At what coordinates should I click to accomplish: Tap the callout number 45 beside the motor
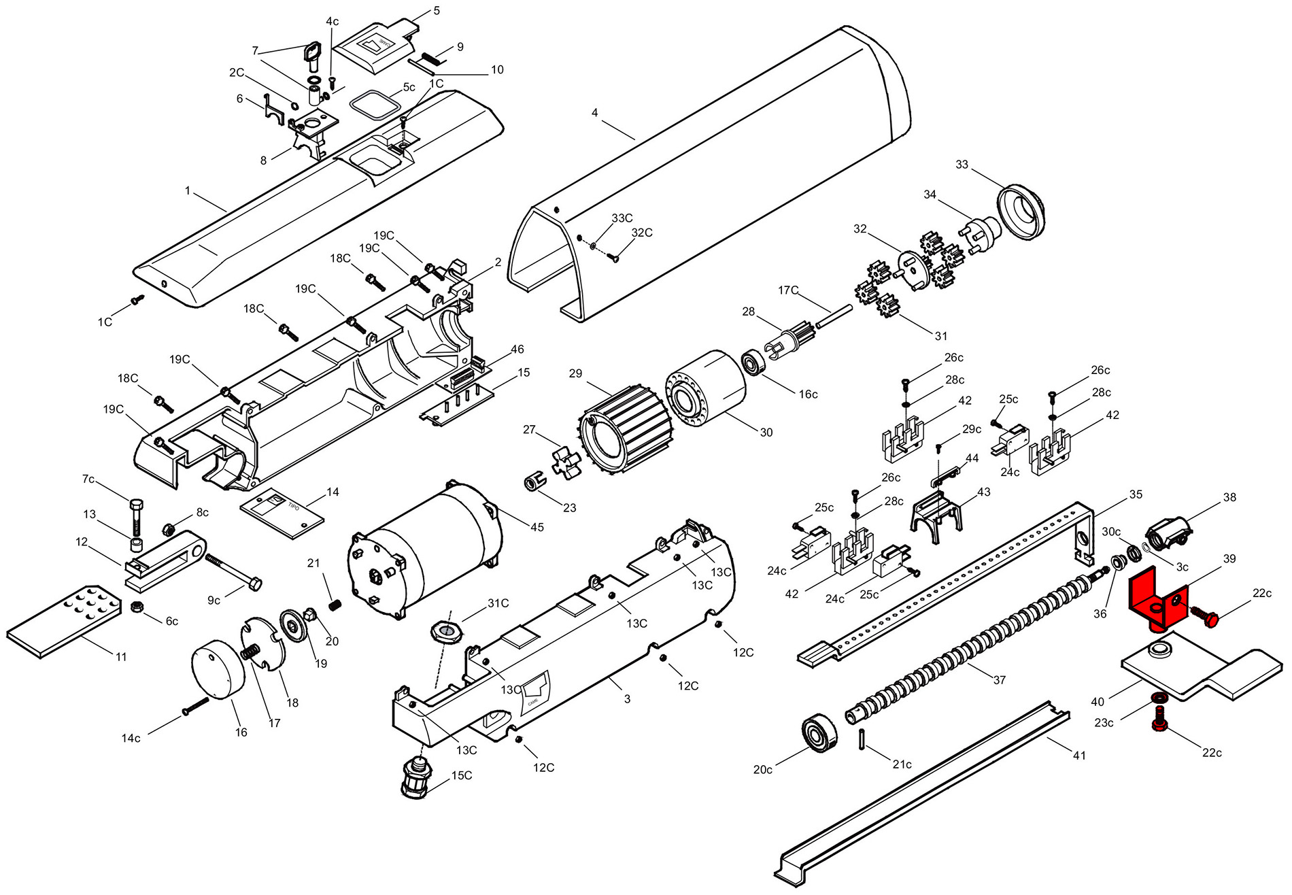click(x=537, y=527)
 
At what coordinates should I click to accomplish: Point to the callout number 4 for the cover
click(x=595, y=112)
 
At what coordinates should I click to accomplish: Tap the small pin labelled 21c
click(x=862, y=738)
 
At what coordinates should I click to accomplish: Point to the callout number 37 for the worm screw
click(x=1000, y=679)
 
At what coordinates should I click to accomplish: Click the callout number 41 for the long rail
click(x=1079, y=755)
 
